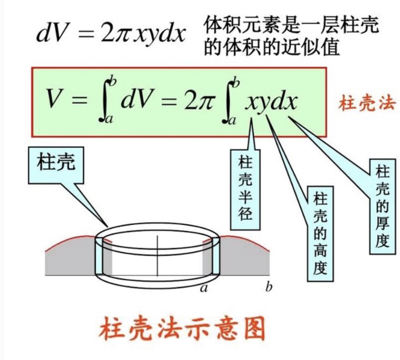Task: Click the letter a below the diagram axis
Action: pos(204,289)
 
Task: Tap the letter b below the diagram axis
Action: pos(269,288)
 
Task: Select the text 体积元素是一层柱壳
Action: pos(291,26)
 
